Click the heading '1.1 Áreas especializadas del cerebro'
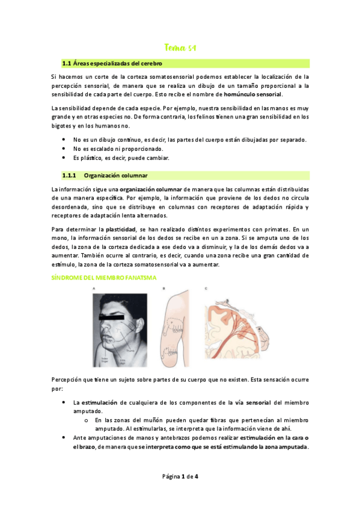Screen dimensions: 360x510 (112, 63)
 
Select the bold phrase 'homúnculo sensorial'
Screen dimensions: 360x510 (252, 94)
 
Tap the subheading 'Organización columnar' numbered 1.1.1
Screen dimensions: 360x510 (115, 176)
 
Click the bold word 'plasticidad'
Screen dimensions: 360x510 (120, 230)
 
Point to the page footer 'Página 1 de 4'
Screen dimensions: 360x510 (180, 477)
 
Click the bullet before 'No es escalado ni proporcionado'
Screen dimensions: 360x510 (64, 149)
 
